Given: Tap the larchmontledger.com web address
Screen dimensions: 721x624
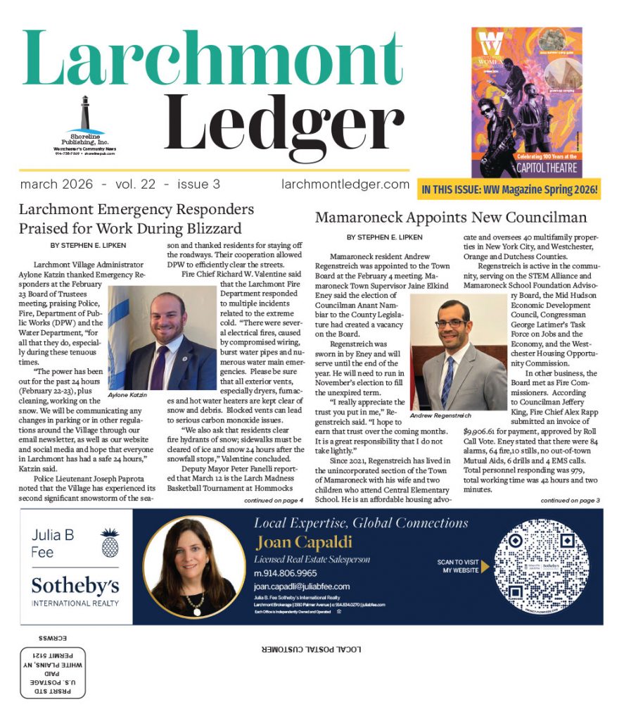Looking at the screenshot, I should click(345, 184).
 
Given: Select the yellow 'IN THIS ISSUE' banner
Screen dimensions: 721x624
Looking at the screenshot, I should click(509, 189).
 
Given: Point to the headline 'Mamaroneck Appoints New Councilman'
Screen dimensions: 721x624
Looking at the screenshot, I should click(451, 217).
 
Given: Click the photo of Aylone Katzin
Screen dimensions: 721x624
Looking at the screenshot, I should click(162, 337).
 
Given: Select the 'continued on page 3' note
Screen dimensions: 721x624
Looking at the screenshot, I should click(571, 500).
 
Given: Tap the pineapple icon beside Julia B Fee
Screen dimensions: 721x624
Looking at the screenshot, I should click(109, 542).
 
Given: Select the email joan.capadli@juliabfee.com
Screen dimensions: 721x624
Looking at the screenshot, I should click(302, 586).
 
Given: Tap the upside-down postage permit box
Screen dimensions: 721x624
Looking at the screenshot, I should click(53, 672).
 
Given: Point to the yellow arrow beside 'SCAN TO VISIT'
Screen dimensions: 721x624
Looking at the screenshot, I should click(485, 565).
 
